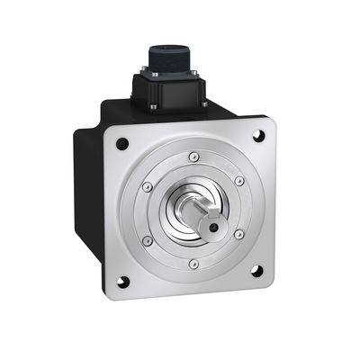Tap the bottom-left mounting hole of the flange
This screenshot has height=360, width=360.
coord(122,281)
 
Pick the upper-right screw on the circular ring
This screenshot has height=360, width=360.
coord(239,180)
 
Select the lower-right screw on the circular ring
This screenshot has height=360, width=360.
coord(238,235)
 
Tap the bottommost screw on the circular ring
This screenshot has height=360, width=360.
coord(194,264)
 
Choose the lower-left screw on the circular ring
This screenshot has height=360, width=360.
coord(148,241)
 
